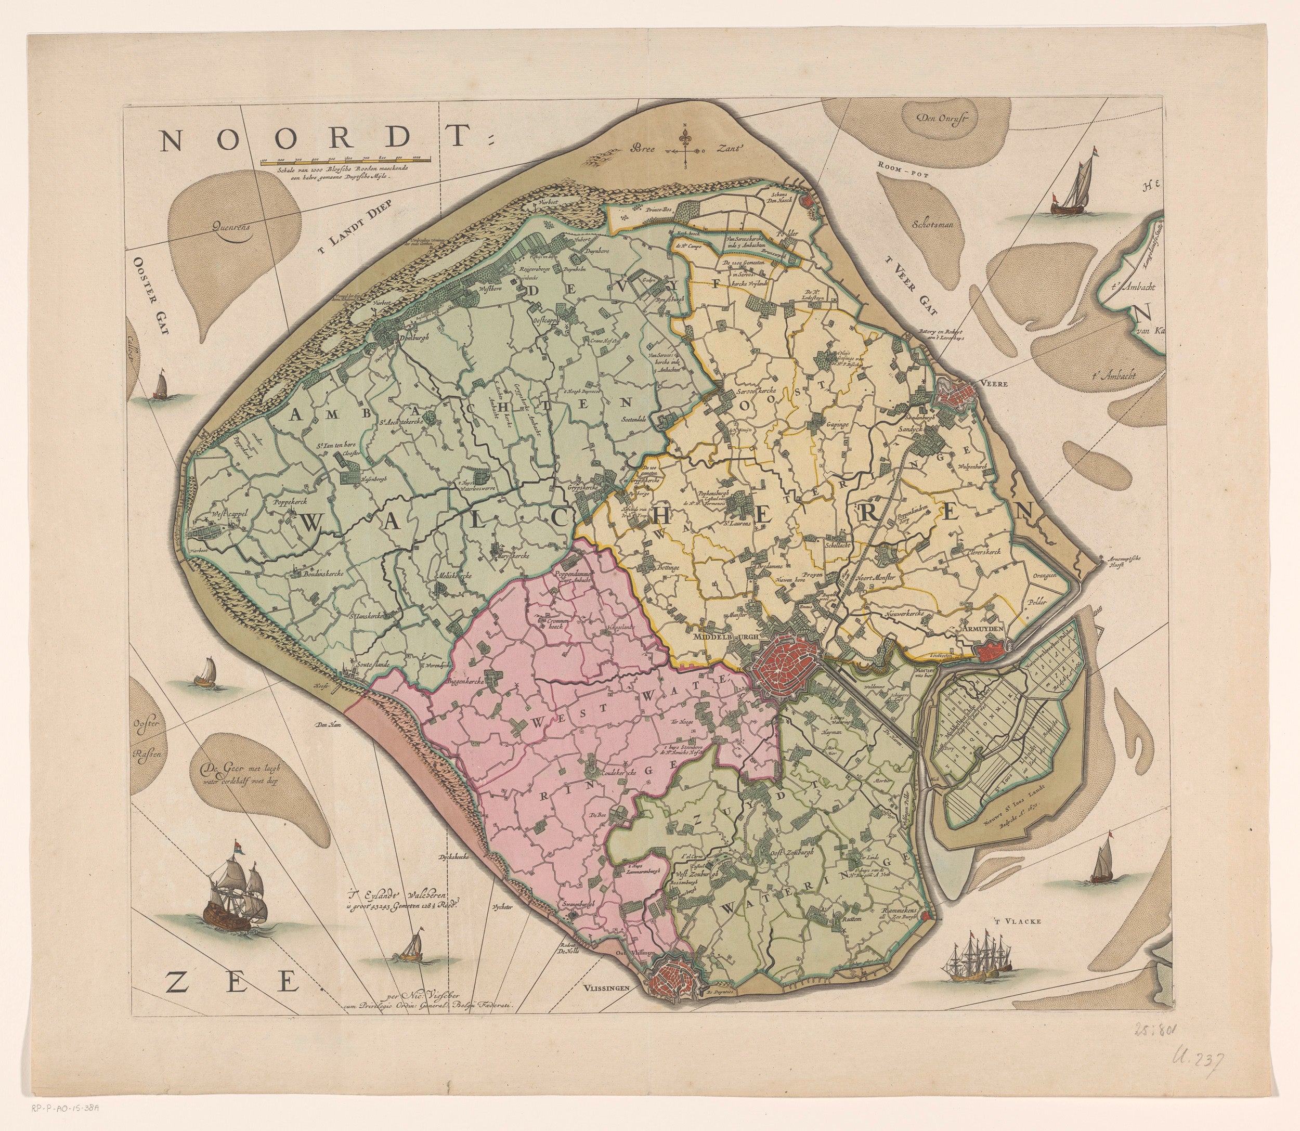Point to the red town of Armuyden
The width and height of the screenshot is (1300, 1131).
click(990, 648)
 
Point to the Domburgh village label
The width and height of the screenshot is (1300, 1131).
click(414, 337)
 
